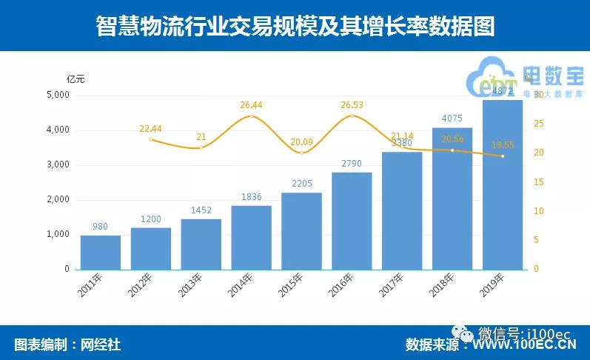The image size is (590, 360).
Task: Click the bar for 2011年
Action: pyautogui.click(x=101, y=252)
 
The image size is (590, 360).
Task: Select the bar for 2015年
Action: pyautogui.click(x=301, y=231)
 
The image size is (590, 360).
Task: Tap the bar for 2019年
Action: pyautogui.click(x=503, y=185)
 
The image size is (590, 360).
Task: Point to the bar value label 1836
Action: pyautogui.click(x=251, y=196)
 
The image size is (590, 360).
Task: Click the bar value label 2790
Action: pyautogui.click(x=352, y=163)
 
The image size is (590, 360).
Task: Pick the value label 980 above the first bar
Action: pyautogui.click(x=101, y=227)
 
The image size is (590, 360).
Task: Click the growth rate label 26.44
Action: pyautogui.click(x=251, y=105)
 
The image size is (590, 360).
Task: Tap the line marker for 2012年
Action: pyautogui.click(x=151, y=139)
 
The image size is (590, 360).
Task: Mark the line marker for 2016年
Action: pyautogui.click(x=352, y=116)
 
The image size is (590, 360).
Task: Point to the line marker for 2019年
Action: pyautogui.click(x=503, y=156)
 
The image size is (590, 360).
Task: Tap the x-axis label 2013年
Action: pyautogui.click(x=191, y=286)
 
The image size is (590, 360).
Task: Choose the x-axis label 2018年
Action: pyautogui.click(x=442, y=286)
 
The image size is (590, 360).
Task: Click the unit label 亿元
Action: pyautogui.click(x=77, y=78)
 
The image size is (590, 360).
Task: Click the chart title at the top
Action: pyautogui.click(x=295, y=26)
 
